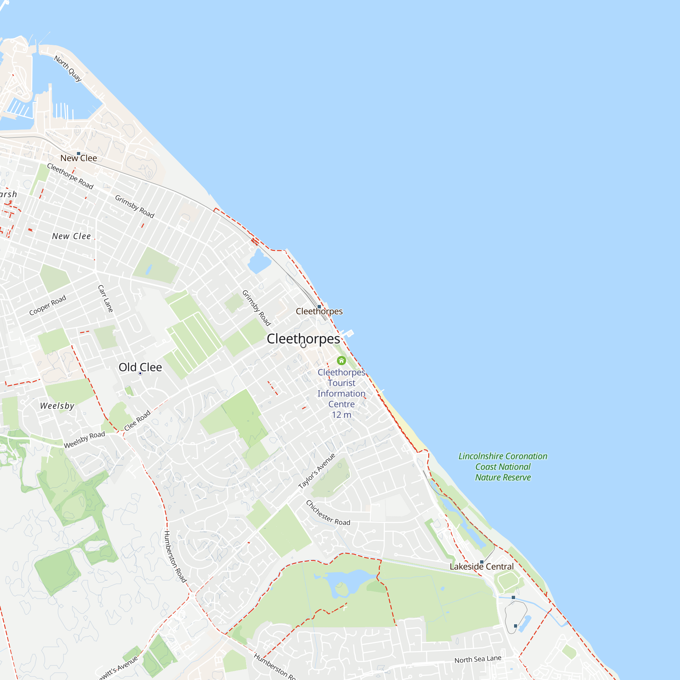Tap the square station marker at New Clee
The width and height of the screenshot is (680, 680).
[79, 153]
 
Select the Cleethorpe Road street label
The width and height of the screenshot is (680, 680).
[70, 176]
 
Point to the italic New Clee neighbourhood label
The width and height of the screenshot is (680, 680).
[71, 236]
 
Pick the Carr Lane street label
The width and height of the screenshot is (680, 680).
[105, 299]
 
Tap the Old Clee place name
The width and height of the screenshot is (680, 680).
[140, 367]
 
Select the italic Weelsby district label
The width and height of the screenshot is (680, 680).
[57, 406]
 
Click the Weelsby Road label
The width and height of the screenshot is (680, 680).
[84, 440]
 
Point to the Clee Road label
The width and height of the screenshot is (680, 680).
[137, 420]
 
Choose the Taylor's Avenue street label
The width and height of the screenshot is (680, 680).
[317, 471]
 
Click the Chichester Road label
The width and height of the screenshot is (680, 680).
[328, 513]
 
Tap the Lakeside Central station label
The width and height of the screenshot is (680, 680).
[481, 566]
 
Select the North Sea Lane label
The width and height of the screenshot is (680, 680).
[478, 659]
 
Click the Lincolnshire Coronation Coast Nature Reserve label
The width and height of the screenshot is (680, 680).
[503, 467]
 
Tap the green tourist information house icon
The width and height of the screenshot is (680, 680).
[341, 360]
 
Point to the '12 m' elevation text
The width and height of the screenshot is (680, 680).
[341, 415]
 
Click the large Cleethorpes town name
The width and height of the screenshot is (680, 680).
[303, 339]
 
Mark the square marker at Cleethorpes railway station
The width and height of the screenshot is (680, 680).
[319, 307]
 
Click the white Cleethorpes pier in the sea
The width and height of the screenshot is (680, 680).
[348, 333]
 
